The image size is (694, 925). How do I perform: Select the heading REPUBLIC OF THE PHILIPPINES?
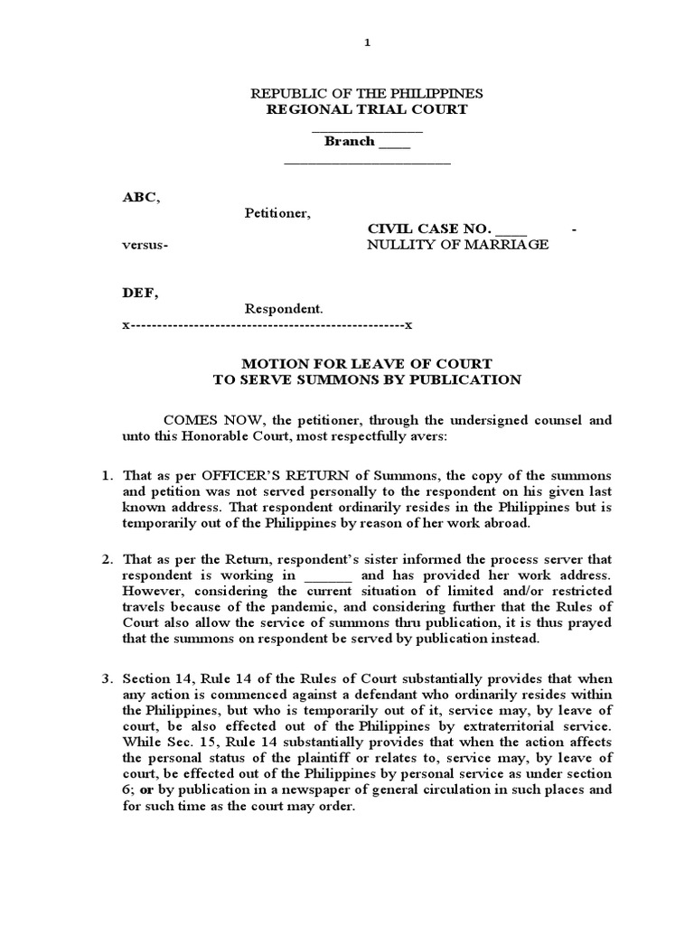click(x=366, y=94)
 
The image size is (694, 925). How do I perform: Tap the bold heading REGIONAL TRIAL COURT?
click(x=366, y=109)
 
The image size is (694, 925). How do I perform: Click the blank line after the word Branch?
click(x=394, y=143)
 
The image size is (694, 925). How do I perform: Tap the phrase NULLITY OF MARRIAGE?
click(x=456, y=245)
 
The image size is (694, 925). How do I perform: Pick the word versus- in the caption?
click(x=145, y=245)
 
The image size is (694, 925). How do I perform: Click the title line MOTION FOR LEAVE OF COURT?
click(x=367, y=364)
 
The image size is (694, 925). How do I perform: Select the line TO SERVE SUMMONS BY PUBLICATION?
click(x=367, y=379)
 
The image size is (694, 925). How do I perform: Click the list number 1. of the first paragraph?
click(x=106, y=475)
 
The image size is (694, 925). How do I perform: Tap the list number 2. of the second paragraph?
click(x=106, y=560)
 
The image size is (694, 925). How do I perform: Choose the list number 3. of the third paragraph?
click(x=106, y=678)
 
